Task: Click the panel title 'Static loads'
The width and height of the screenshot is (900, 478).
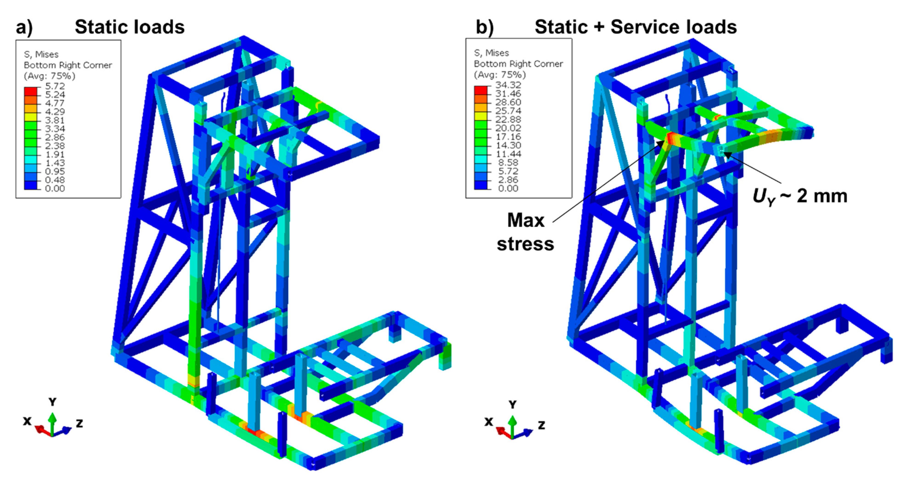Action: pyautogui.click(x=130, y=27)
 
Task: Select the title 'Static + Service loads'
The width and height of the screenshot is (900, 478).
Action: pyautogui.click(x=635, y=27)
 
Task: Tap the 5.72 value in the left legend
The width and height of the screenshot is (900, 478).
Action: pyautogui.click(x=55, y=86)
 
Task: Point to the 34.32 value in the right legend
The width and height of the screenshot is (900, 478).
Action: pyautogui.click(x=508, y=85)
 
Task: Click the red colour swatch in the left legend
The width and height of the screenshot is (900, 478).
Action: pyautogui.click(x=30, y=91)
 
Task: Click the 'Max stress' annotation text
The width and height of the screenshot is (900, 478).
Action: pyautogui.click(x=526, y=232)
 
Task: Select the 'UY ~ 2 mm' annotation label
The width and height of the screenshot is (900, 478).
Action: pyautogui.click(x=800, y=197)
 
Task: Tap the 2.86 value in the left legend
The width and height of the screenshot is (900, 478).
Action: pyautogui.click(x=55, y=137)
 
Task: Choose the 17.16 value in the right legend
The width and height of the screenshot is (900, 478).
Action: pyautogui.click(x=508, y=137)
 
